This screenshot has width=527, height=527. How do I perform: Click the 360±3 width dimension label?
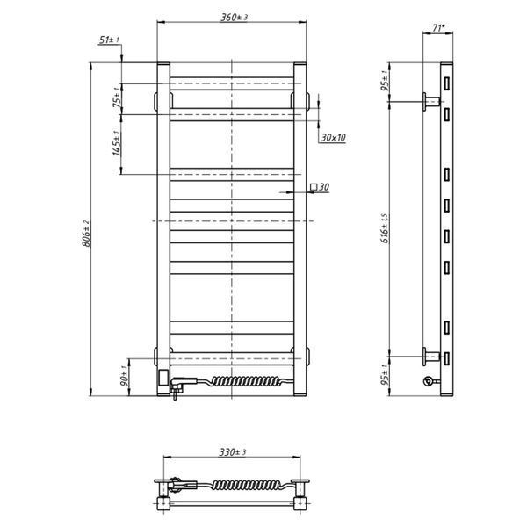click(234, 18)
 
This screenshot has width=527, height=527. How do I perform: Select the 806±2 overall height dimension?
click(86, 234)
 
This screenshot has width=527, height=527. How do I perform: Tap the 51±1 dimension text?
click(109, 40)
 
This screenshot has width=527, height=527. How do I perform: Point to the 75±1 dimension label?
click(118, 97)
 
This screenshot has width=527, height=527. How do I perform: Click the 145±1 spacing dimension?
click(116, 143)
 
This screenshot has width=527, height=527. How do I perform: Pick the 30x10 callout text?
click(333, 138)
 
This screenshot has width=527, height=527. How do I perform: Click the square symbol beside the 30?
click(314, 186)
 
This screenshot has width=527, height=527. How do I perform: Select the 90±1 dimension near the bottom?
click(124, 376)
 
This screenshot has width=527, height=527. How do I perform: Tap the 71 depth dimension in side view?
click(437, 28)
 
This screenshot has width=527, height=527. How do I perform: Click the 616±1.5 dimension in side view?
click(386, 228)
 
